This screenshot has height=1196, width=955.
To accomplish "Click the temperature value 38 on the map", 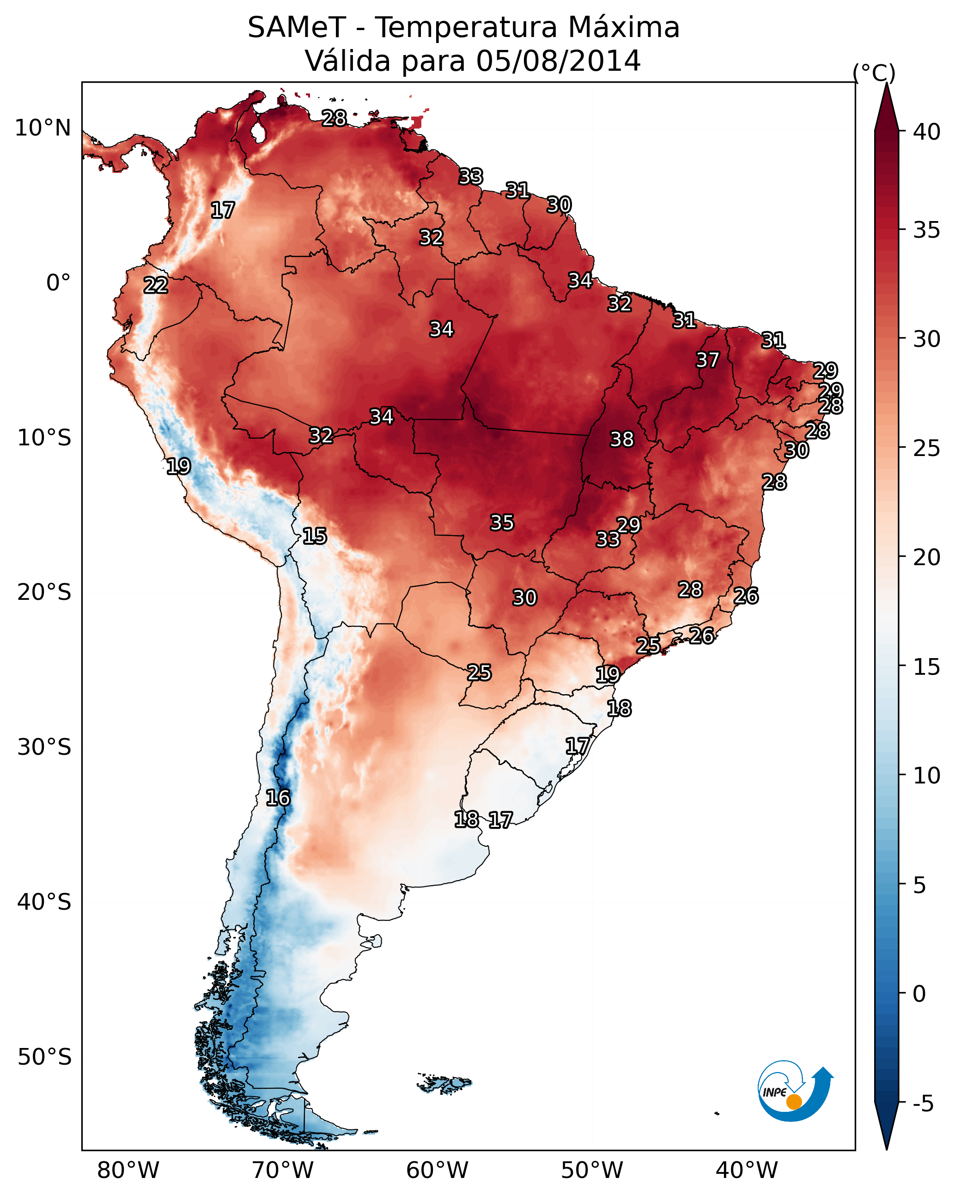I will [x=621, y=439].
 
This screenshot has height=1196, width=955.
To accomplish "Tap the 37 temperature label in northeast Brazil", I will [x=707, y=360].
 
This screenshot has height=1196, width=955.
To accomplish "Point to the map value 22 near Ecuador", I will [x=156, y=285].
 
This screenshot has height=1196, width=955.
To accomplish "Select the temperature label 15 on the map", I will [x=314, y=536].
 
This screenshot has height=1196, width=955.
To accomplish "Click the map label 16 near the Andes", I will [x=278, y=798].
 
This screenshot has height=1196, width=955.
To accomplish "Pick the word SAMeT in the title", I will [x=297, y=28].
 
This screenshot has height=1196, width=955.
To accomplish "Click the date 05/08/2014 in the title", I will [x=558, y=61].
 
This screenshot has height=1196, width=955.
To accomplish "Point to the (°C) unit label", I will [x=874, y=73].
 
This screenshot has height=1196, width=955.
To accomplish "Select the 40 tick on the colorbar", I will [x=927, y=132].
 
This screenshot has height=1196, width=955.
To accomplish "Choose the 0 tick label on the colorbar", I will [x=919, y=994].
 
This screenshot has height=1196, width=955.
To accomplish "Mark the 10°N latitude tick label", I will [x=43, y=128].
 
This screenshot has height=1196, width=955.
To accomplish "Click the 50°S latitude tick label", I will [x=44, y=1057].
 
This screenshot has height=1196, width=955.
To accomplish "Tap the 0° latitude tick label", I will [x=58, y=283].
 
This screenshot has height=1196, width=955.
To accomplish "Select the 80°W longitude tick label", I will [x=128, y=1171].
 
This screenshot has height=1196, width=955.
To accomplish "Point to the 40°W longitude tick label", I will [x=747, y=1171].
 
